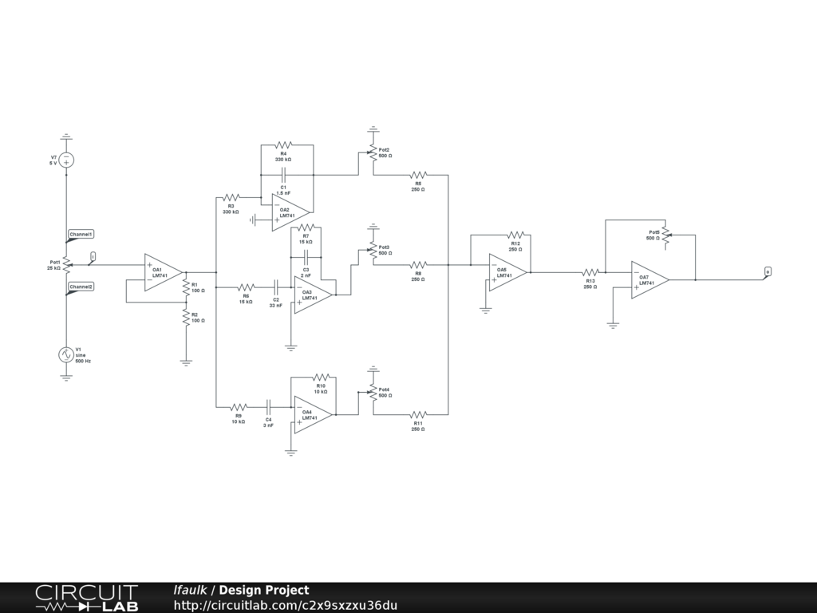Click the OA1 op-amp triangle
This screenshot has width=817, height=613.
[x=162, y=272]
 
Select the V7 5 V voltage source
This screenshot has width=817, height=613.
[x=66, y=160]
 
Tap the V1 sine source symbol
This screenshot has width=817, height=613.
[x=66, y=355]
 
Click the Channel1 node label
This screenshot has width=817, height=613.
[x=81, y=235]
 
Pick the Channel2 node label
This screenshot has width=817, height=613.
[x=81, y=287]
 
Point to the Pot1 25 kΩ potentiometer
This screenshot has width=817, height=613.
[x=67, y=264]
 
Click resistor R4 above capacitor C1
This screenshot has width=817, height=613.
[x=283, y=145]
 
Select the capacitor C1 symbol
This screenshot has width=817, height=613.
[x=283, y=174]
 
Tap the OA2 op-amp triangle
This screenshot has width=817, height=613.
[x=288, y=212]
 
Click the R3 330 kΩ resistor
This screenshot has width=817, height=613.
[x=231, y=196]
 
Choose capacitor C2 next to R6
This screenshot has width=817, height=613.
[x=276, y=287]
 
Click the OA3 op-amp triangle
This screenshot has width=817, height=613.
[x=311, y=295]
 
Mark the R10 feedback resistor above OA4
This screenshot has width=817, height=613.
[x=321, y=376]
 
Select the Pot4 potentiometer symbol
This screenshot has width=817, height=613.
[x=373, y=393]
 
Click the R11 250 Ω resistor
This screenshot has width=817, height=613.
[x=418, y=414]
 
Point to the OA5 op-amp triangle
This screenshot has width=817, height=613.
[x=506, y=273]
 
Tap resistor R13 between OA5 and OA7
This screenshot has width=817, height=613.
[x=590, y=272]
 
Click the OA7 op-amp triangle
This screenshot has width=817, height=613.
[x=649, y=280]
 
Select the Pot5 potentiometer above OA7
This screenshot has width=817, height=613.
[x=665, y=235]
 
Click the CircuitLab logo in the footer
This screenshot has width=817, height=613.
[x=87, y=598]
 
